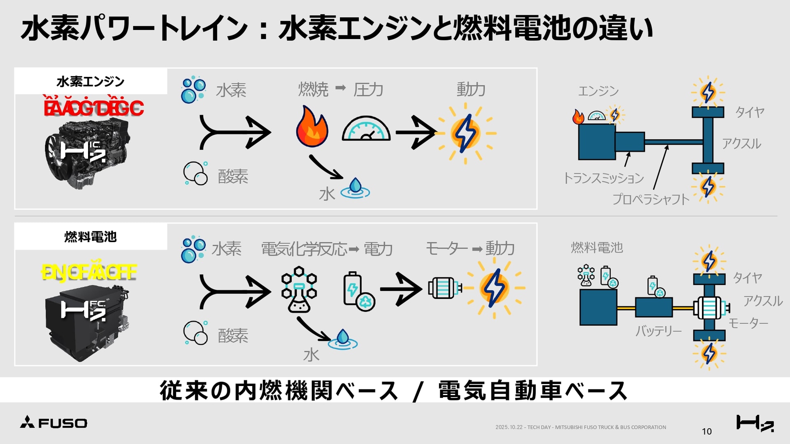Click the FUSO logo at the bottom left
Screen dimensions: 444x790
(x=54, y=423)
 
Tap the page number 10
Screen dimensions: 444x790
(x=706, y=431)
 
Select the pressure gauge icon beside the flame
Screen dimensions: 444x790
(x=366, y=129)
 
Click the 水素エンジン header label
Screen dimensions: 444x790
(x=91, y=81)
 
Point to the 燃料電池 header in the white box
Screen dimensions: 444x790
(x=91, y=237)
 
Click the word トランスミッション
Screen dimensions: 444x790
(x=603, y=178)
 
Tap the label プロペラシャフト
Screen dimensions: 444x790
(x=651, y=199)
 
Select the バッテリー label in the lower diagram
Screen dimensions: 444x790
(x=658, y=331)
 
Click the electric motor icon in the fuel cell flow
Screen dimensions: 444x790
(x=444, y=288)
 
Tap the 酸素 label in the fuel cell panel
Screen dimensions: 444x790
(x=233, y=336)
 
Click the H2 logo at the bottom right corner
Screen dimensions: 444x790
(x=755, y=423)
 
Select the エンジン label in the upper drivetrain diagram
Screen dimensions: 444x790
(x=598, y=91)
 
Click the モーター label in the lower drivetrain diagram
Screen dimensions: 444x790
(x=748, y=323)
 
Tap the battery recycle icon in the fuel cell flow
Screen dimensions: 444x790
(x=358, y=291)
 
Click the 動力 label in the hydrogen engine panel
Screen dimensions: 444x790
(x=471, y=89)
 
